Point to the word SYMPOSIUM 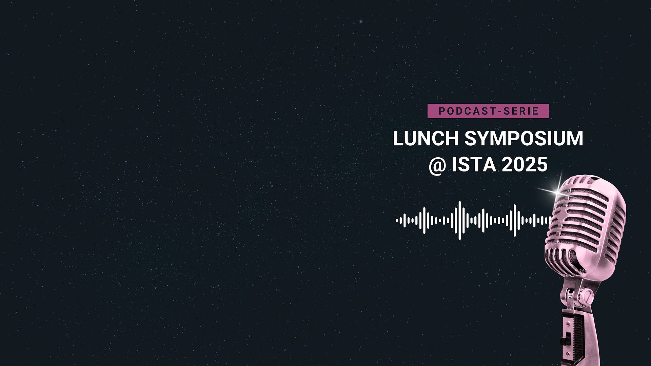524,138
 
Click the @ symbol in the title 437,165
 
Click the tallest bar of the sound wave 460,220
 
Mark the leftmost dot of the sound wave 397,221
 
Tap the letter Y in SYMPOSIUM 484,138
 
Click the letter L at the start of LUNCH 398,138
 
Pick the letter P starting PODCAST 441,111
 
